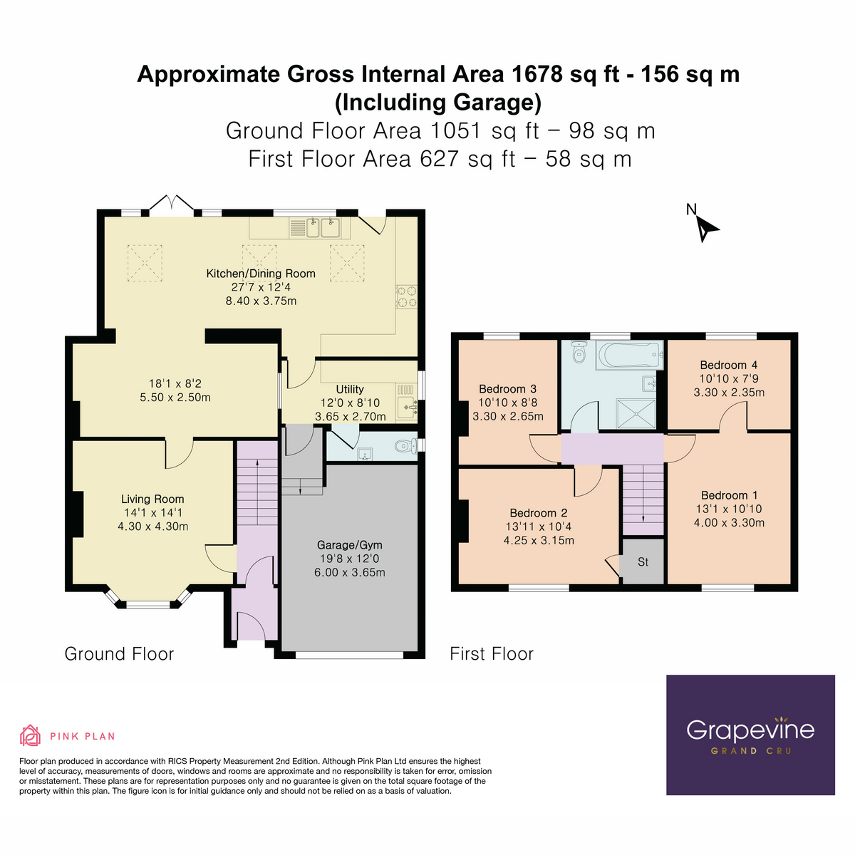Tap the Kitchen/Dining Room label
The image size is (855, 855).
coord(261,274)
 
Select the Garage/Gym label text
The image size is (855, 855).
coord(349,545)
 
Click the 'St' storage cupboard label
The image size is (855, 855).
coord(643,562)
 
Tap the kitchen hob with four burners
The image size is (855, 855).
coord(406,297)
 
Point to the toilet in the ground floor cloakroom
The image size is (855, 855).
coord(405,447)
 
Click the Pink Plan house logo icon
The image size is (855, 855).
coord(30,735)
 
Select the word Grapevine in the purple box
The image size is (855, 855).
coord(750,730)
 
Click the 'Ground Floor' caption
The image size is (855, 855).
coord(119,654)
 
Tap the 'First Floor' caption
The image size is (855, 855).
coord(491,654)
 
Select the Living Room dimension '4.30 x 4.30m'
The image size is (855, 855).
coord(152,527)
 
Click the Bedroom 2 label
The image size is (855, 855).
coord(538,513)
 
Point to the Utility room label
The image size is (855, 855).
coord(349,390)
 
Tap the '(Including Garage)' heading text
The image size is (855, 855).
coord(438,103)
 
